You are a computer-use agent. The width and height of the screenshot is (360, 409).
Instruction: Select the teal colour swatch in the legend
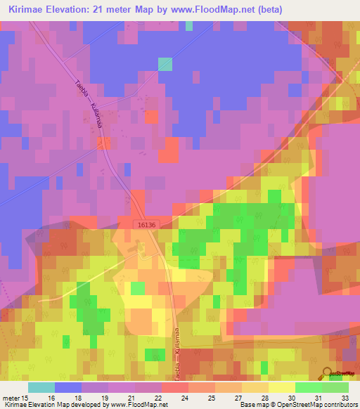(x=41, y=387)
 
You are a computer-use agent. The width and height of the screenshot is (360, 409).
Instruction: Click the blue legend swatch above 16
(x=68, y=387)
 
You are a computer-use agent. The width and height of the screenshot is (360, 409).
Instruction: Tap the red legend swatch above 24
(x=175, y=387)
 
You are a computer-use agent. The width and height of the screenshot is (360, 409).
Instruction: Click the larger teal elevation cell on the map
(x=165, y=64)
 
